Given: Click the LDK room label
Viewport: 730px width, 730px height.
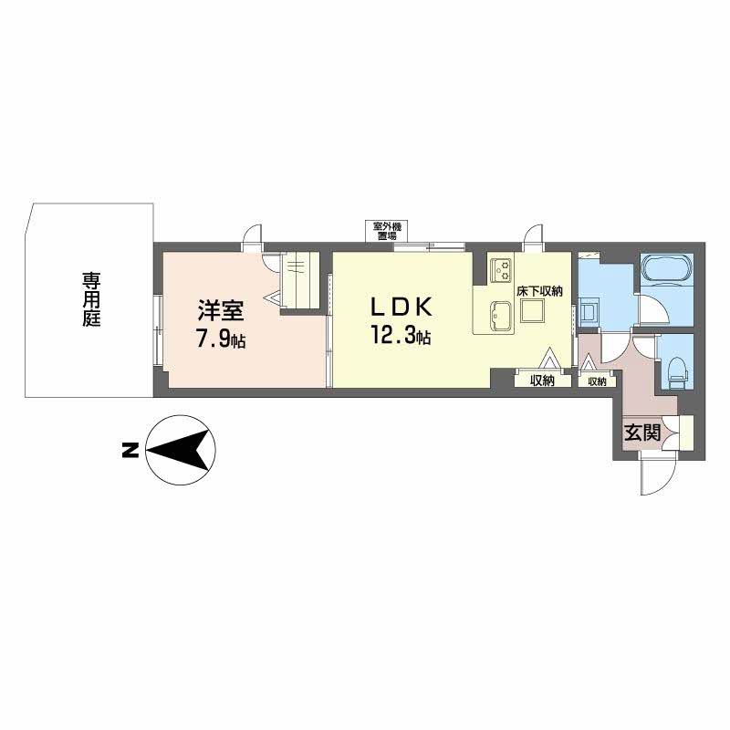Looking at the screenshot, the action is click(402, 307).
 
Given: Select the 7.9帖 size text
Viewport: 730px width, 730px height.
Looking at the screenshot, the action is click(221, 339).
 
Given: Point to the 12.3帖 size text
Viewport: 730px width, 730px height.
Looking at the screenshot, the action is click(401, 335).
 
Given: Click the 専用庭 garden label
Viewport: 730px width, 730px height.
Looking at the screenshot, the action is click(92, 300).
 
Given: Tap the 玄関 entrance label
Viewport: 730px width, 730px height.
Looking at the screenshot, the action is click(642, 433).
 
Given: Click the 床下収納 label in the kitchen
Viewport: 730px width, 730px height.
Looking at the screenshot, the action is click(539, 291).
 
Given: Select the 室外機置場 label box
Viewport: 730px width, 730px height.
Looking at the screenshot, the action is click(386, 231).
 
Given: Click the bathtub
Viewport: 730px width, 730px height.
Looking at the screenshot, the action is click(667, 268).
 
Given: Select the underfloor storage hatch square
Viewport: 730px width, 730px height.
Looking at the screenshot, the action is click(533, 310).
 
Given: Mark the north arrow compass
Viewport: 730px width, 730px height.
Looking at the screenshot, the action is click(181, 450).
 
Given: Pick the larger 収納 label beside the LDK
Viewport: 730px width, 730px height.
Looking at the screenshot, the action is click(543, 381).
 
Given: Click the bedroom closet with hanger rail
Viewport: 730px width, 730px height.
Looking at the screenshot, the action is click(300, 279).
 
